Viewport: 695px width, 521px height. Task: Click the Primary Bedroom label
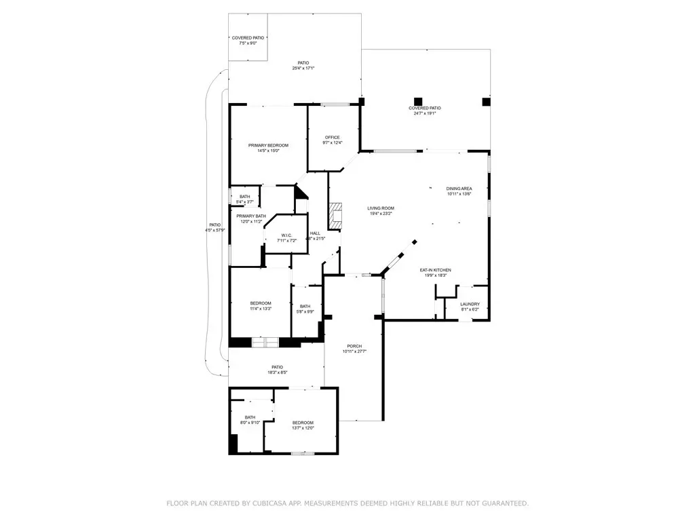pos(268,145)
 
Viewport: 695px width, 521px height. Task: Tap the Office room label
pos(332,138)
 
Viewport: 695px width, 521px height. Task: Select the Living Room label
pos(381,208)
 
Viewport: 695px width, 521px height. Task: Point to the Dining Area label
pos(459,189)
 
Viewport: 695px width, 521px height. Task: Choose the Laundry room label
pos(470,304)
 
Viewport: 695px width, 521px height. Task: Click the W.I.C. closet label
pos(286,235)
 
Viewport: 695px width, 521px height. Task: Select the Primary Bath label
pos(248,216)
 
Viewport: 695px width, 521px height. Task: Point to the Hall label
pos(315,233)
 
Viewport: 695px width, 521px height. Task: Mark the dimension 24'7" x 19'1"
pos(425,113)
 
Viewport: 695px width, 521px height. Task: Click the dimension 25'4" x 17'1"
pos(303,68)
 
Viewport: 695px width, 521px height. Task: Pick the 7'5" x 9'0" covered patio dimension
pos(248,43)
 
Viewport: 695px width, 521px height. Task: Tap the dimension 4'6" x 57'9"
pos(215,231)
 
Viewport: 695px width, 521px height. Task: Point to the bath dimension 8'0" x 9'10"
pos(250,423)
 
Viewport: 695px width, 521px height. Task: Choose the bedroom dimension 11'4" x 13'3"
pos(261,309)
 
